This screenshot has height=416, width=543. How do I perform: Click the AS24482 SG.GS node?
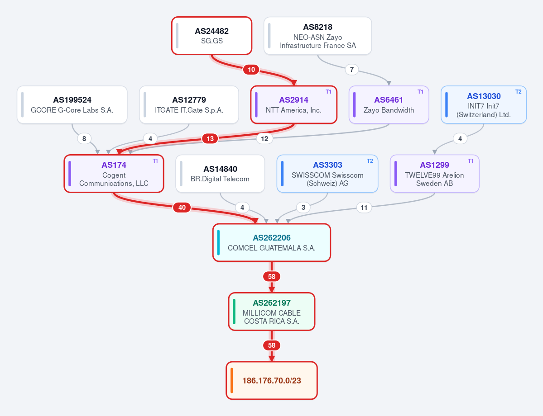[211, 36]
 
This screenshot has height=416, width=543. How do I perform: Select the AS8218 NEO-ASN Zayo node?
[317, 36]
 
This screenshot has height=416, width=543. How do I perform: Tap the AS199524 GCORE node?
[72, 104]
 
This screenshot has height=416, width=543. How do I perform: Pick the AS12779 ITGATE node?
[189, 104]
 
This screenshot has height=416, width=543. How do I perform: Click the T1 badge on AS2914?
[328, 92]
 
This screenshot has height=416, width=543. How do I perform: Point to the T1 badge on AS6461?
[420, 92]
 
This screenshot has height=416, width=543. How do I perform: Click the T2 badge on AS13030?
[519, 92]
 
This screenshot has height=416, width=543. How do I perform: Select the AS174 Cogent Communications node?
[114, 174]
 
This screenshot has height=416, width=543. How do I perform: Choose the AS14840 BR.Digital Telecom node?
[220, 174]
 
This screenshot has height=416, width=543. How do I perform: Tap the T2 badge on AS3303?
[370, 161]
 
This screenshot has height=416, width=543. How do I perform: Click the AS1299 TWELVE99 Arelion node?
[435, 174]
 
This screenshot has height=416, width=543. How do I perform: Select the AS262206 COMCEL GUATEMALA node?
[272, 242]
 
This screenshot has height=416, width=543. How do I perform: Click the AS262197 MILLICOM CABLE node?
[272, 312]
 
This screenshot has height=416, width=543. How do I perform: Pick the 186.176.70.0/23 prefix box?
[272, 380]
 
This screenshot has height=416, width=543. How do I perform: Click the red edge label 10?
[251, 70]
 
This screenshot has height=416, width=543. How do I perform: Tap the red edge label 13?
[210, 139]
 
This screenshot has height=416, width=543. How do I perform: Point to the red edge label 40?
[182, 208]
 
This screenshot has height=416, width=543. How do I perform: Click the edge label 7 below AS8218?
[352, 70]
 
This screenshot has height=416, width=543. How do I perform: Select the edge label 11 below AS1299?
[364, 208]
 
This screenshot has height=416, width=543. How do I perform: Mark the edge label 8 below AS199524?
[84, 139]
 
